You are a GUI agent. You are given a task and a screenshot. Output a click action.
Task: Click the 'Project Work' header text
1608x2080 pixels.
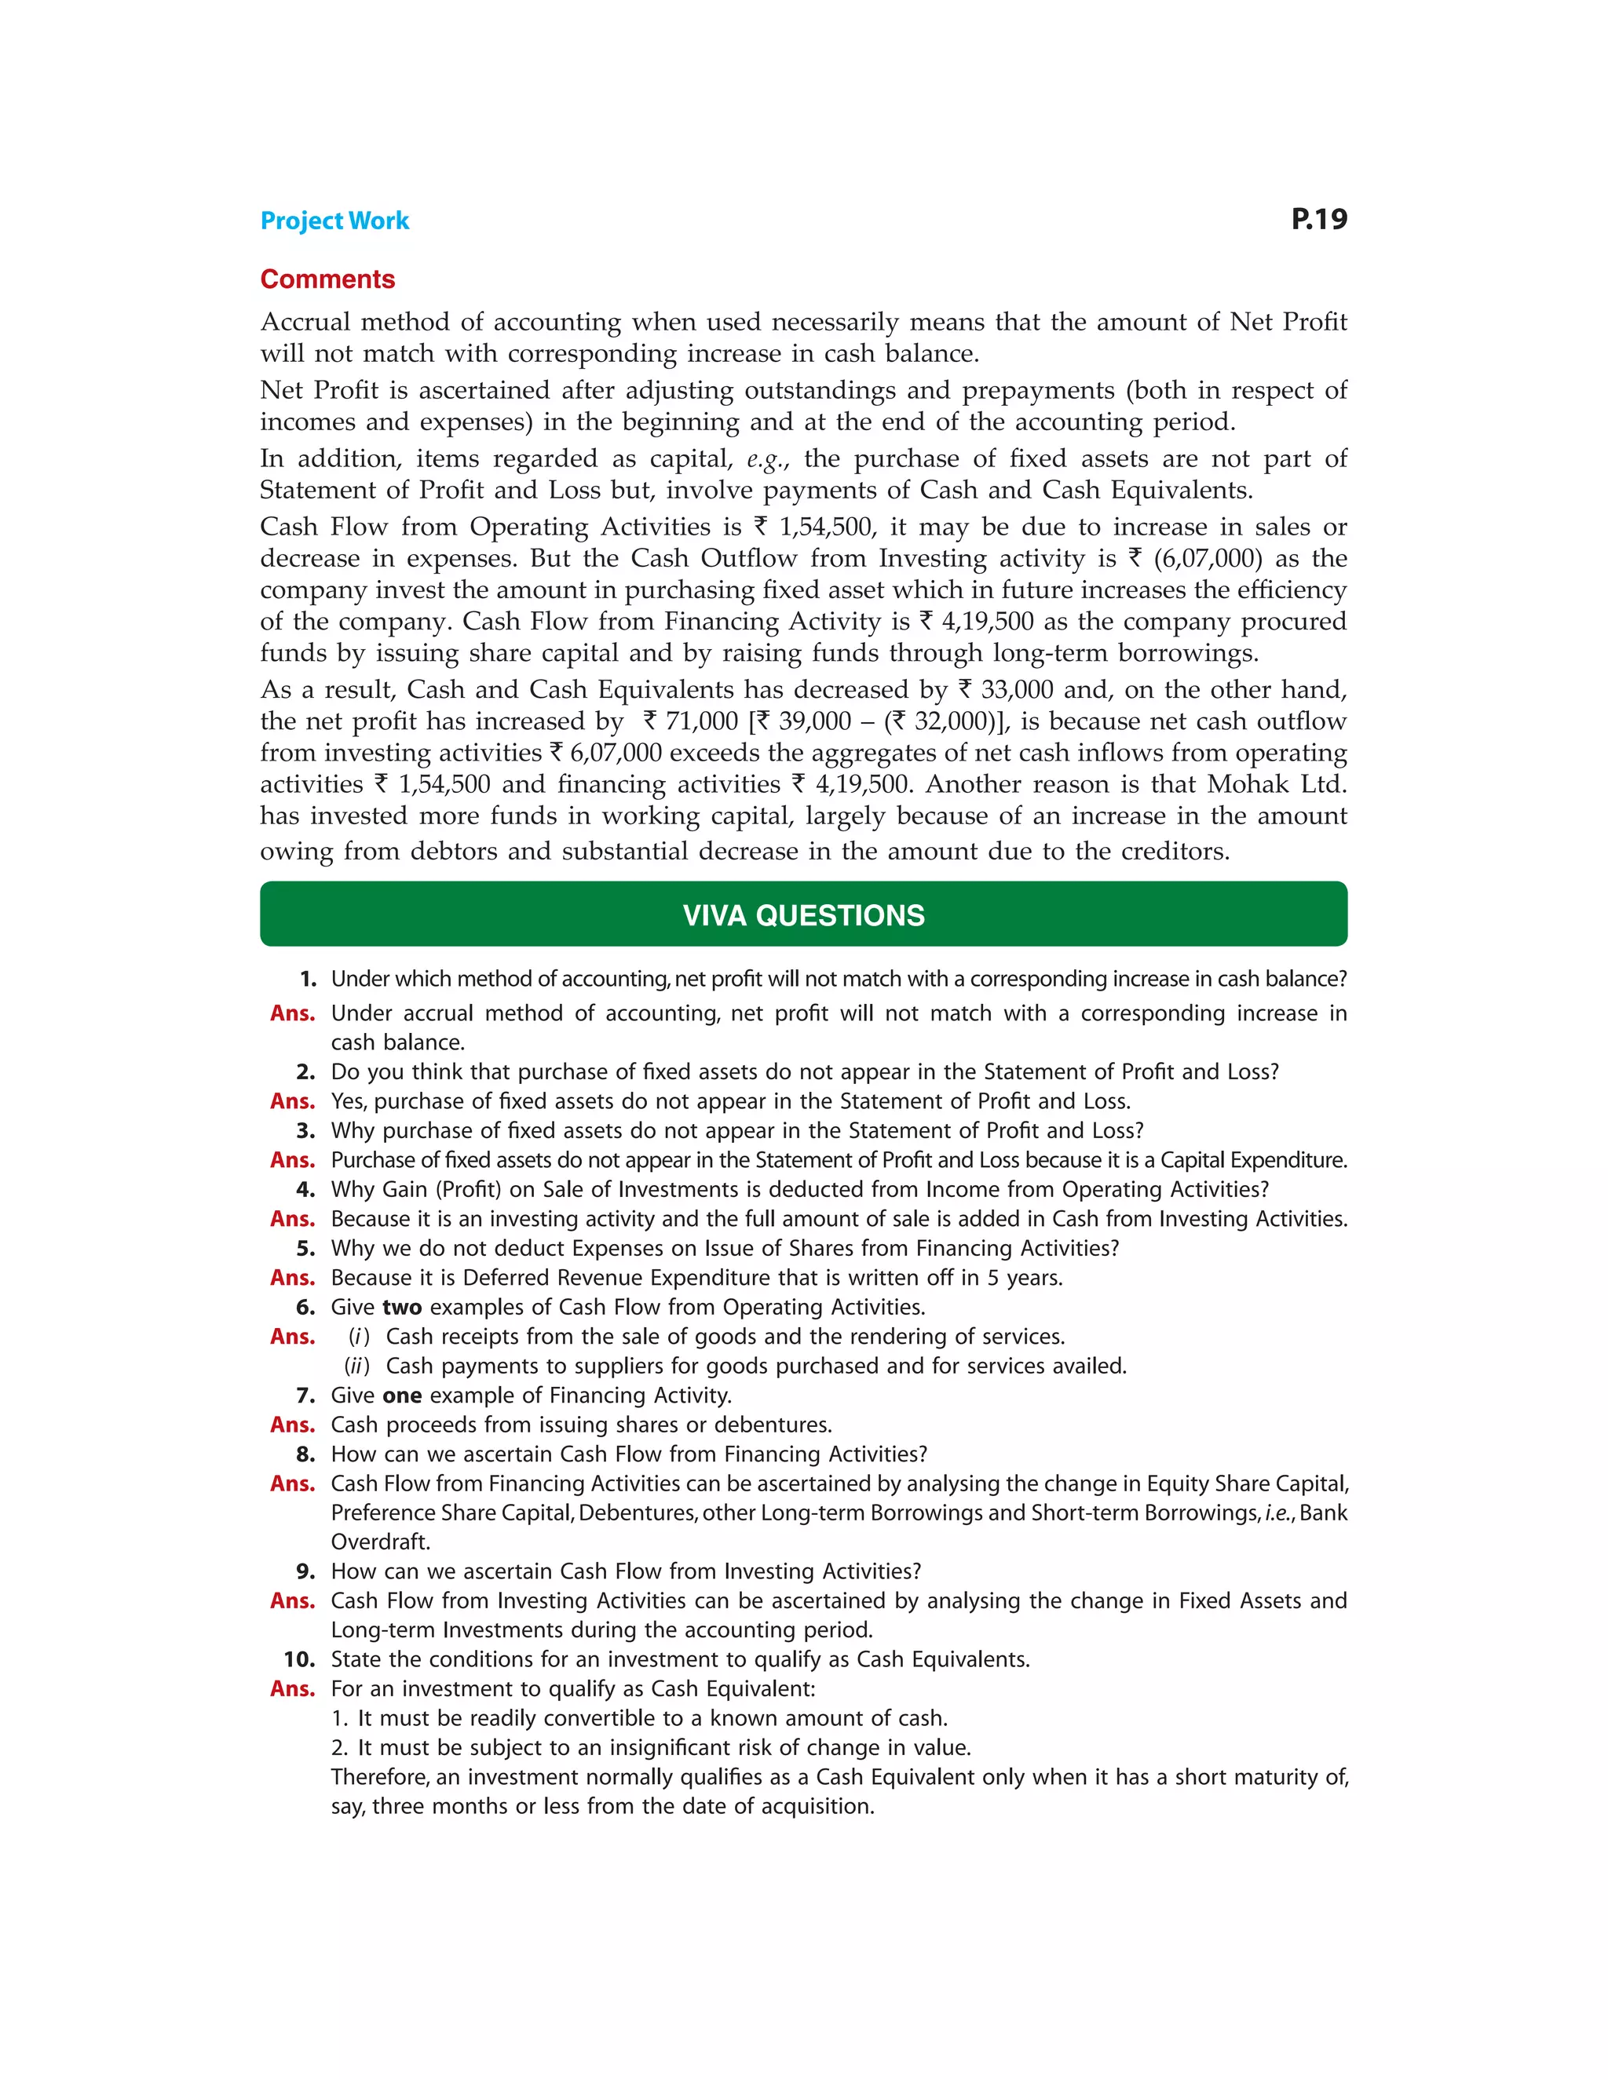click(334, 221)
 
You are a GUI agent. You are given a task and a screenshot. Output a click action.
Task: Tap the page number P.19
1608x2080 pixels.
click(1318, 219)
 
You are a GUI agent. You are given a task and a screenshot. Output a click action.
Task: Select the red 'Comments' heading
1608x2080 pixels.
click(327, 279)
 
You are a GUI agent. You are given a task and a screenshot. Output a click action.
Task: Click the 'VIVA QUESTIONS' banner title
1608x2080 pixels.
click(803, 915)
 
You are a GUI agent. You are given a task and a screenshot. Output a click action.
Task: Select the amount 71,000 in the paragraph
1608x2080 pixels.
click(701, 721)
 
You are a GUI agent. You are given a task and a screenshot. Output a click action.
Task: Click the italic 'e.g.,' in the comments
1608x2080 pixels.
click(768, 459)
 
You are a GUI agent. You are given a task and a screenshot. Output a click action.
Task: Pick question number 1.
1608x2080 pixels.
click(308, 979)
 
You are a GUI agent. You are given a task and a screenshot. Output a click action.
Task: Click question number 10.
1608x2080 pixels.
click(299, 1659)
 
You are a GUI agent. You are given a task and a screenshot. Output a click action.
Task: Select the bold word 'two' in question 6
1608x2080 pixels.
click(401, 1307)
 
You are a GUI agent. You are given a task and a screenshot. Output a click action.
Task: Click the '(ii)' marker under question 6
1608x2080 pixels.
click(356, 1366)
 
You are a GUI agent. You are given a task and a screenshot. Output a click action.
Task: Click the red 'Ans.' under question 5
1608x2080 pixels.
click(291, 1278)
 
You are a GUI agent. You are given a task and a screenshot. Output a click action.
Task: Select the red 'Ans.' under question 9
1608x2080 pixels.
click(291, 1601)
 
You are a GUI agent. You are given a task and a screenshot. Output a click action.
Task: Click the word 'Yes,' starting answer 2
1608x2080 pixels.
click(349, 1102)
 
